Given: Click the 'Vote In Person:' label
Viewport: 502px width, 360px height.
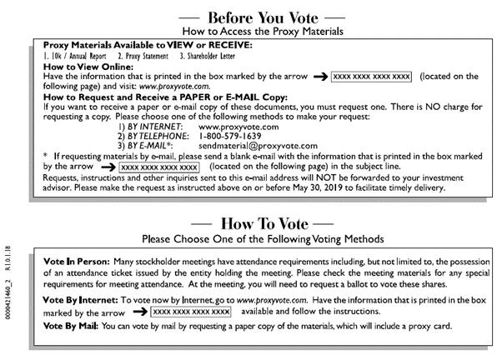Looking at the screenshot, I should pos(75,261).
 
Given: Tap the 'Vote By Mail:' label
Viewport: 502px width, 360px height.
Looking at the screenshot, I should pos(71,325).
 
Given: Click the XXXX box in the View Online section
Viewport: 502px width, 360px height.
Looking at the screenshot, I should pos(371,76).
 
